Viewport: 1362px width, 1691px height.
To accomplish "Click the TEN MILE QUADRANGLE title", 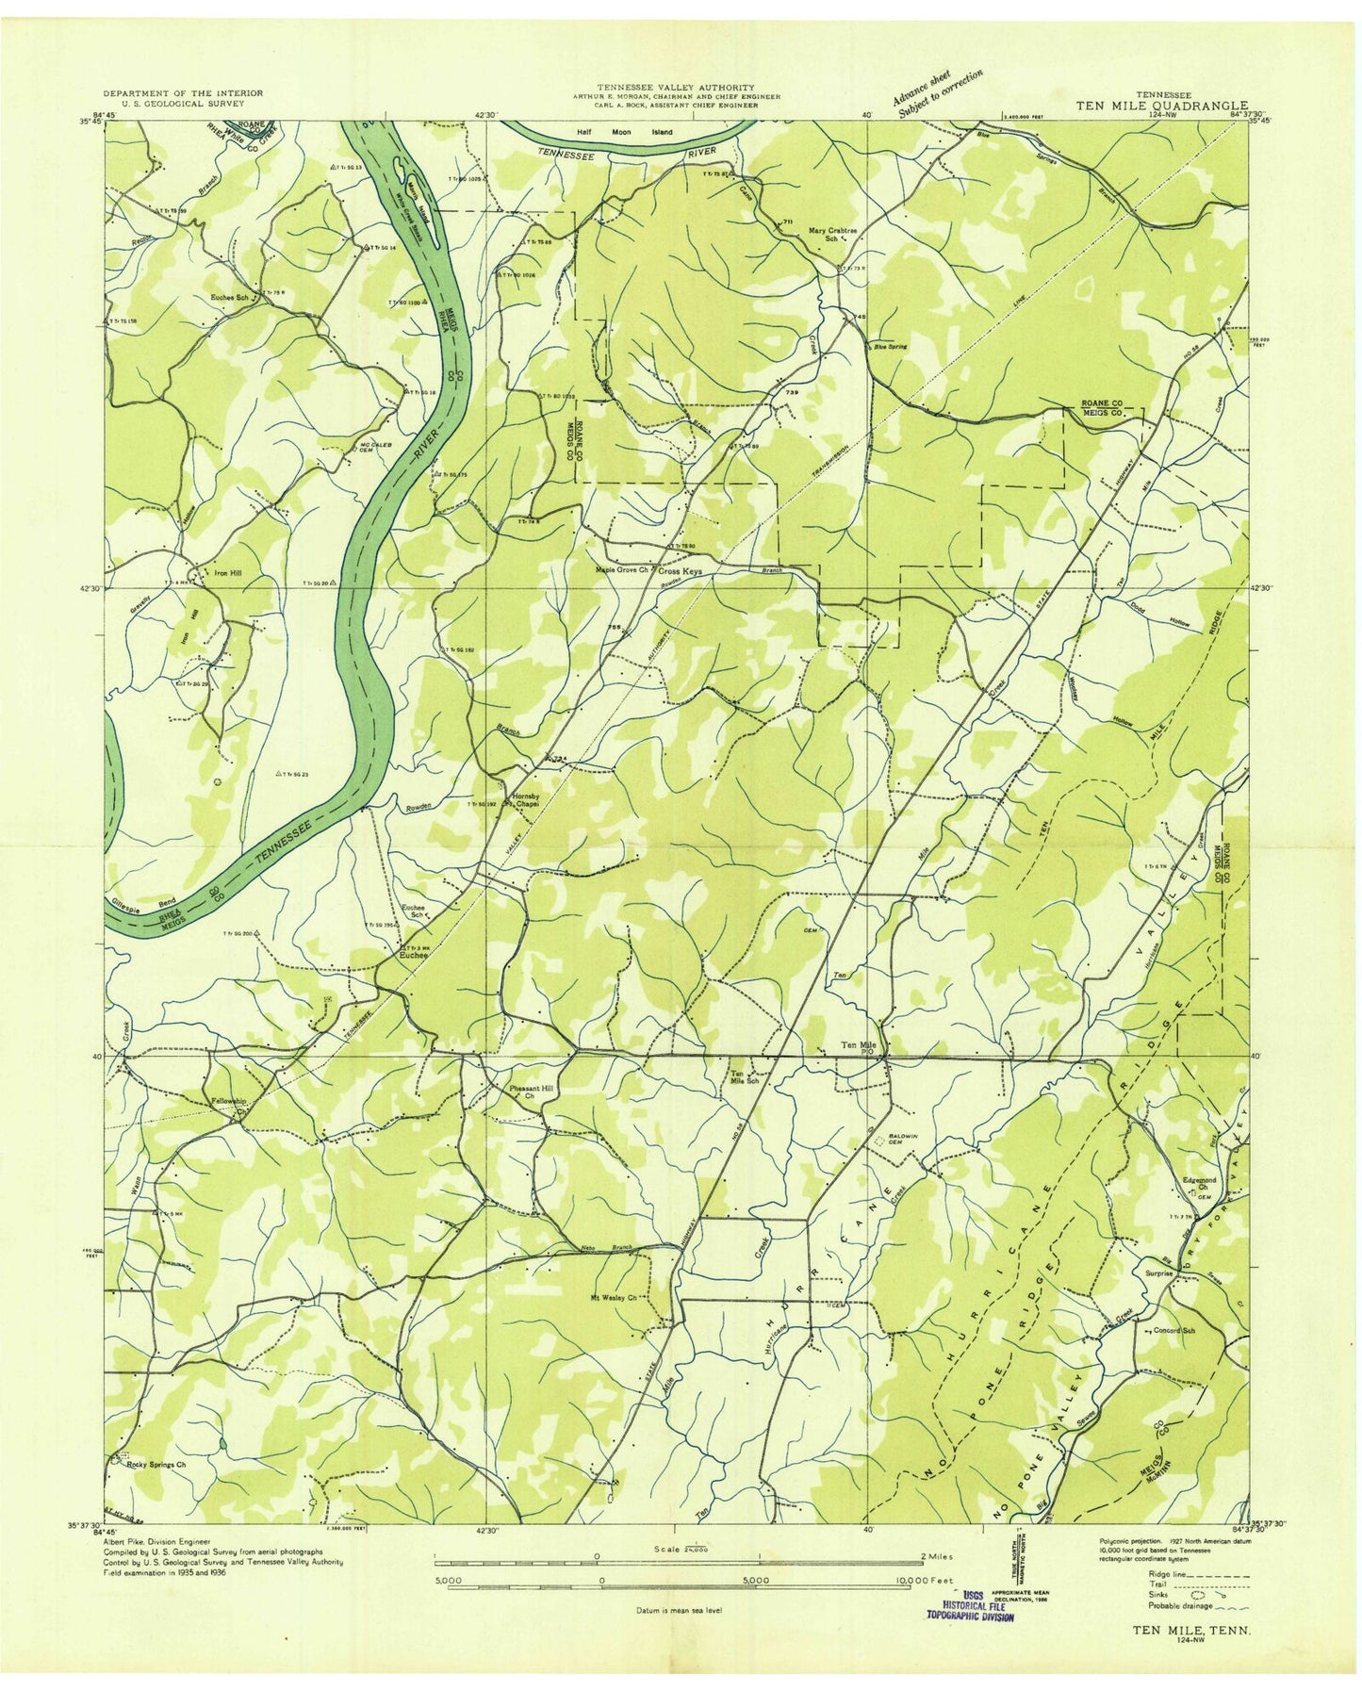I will pyautogui.click(x=1162, y=107).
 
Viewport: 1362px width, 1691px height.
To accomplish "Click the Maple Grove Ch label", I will pyautogui.click(x=621, y=570).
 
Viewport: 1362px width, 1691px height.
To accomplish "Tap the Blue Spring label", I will pyautogui.click(x=891, y=347).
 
